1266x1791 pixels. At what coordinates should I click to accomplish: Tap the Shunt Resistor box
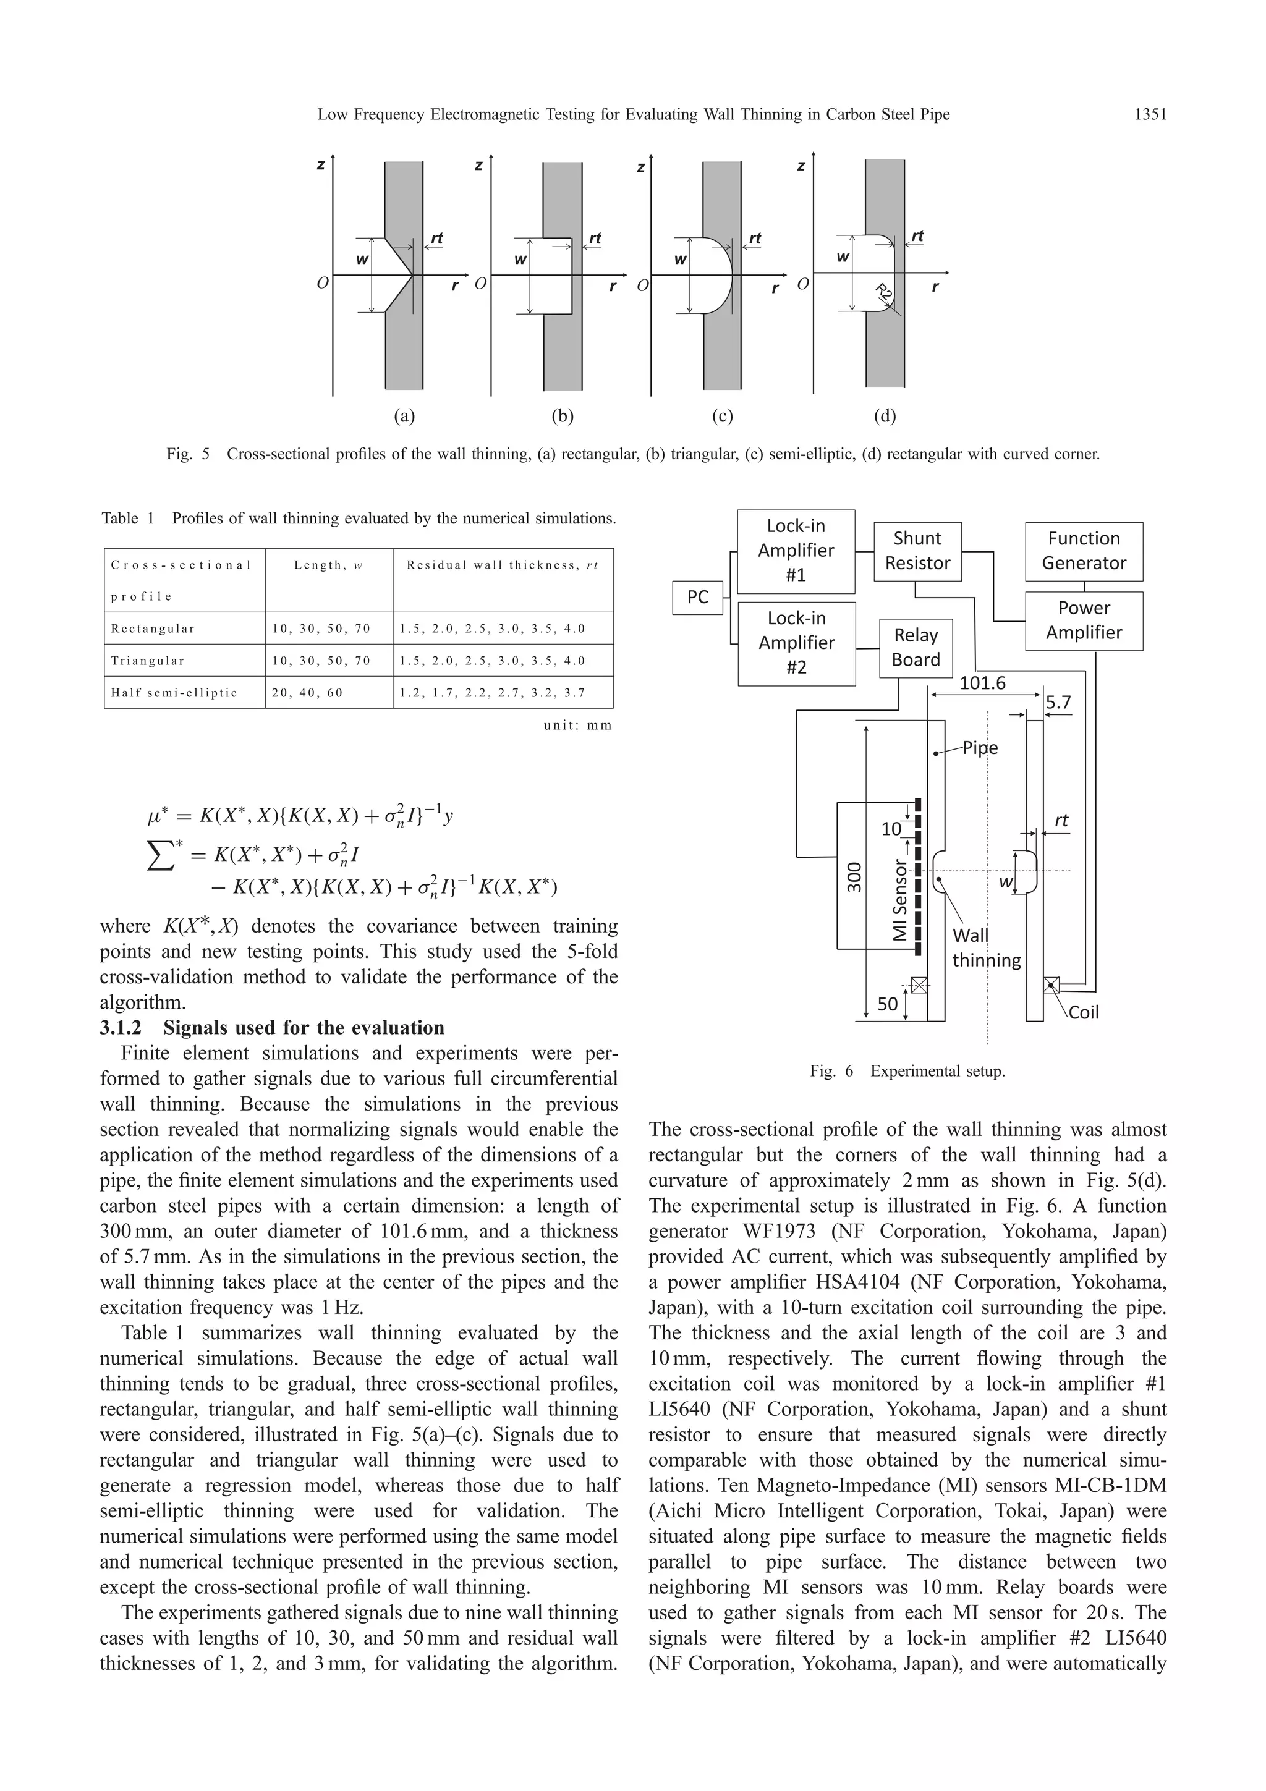click(917, 551)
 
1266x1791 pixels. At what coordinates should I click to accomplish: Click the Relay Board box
click(915, 648)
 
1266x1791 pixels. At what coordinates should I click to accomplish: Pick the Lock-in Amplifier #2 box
click(796, 643)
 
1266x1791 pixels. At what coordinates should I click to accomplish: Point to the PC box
click(697, 598)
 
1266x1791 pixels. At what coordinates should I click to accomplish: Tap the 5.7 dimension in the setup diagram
click(1058, 702)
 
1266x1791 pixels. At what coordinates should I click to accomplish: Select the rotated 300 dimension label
click(856, 877)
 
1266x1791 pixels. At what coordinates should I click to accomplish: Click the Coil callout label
click(1082, 1012)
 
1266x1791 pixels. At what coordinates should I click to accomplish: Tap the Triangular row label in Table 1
click(148, 661)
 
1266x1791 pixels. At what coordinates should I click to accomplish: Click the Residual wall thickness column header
click(501, 565)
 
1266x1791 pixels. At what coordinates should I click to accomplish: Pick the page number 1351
click(1150, 115)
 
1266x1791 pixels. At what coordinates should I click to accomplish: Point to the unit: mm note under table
click(577, 726)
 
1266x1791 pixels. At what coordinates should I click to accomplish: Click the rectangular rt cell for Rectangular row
click(492, 629)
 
